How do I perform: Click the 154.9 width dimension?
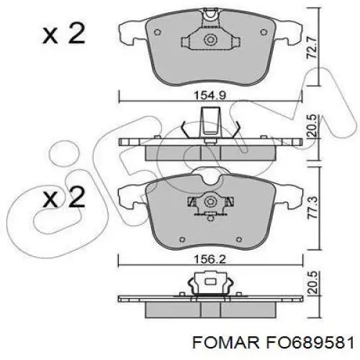pyautogui.click(x=210, y=96)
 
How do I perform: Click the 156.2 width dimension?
pyautogui.click(x=210, y=259)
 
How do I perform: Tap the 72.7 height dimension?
pyautogui.click(x=312, y=48)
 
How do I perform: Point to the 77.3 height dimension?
pyautogui.click(x=312, y=208)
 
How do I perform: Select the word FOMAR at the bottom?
pyautogui.click(x=225, y=342)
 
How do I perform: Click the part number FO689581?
pyautogui.click(x=309, y=342)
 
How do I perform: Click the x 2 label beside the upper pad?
pyautogui.click(x=64, y=34)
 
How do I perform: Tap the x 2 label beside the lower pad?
pyautogui.click(x=64, y=198)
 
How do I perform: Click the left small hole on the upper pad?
pyautogui.click(x=157, y=32)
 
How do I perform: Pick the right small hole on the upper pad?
pyautogui.click(x=264, y=32)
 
